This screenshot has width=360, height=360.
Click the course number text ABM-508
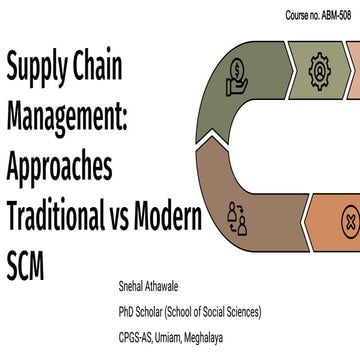coord(331,16)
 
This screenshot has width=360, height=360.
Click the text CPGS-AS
coord(140,336)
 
